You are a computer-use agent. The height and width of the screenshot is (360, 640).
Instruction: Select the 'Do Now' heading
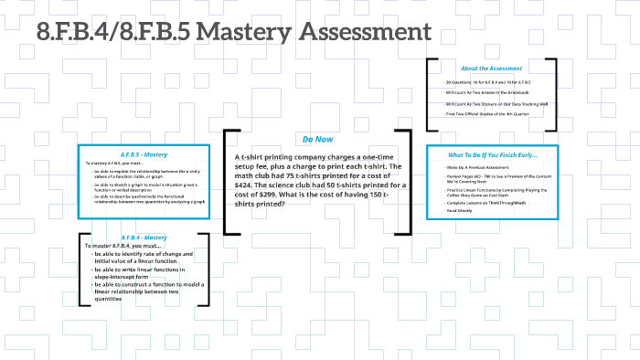click(x=317, y=139)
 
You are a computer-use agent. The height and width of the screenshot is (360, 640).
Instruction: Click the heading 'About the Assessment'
click(x=491, y=69)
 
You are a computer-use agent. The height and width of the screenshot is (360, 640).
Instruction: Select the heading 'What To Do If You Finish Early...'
click(x=492, y=154)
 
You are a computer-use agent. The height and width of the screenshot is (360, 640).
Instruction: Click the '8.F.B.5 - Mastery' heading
click(x=143, y=154)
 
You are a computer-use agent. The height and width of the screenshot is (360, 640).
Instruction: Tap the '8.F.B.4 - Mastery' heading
click(x=143, y=238)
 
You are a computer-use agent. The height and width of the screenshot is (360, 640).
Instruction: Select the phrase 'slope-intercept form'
click(x=122, y=277)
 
